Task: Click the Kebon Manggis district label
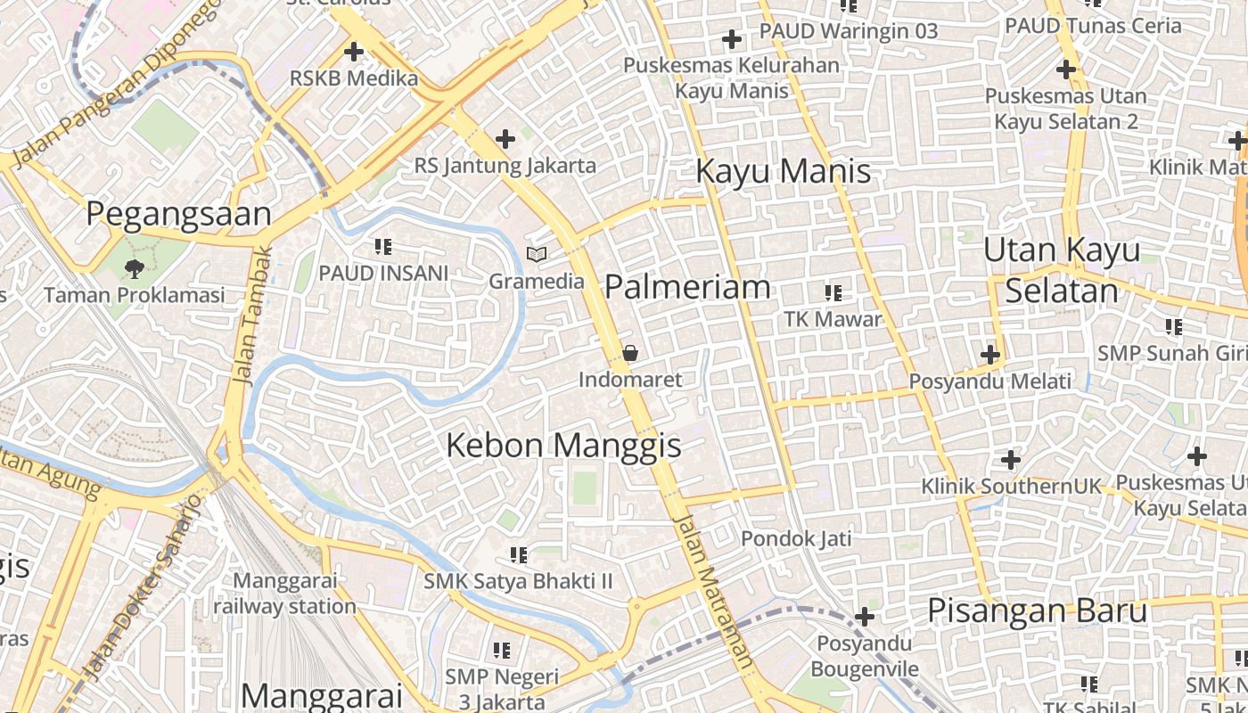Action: pyautogui.click(x=563, y=445)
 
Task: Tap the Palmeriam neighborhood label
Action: pyautogui.click(x=687, y=287)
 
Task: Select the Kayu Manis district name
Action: pyautogui.click(x=783, y=170)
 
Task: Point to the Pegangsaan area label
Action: pyautogui.click(x=178, y=215)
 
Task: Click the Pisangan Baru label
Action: pyautogui.click(x=1037, y=611)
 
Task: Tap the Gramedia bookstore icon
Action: pyautogui.click(x=536, y=255)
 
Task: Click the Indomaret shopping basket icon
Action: pyautogui.click(x=630, y=353)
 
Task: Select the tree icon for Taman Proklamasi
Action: pyautogui.click(x=135, y=267)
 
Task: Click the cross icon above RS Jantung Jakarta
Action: pyautogui.click(x=505, y=139)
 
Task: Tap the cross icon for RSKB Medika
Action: pyautogui.click(x=354, y=52)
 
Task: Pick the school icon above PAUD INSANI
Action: pyautogui.click(x=383, y=247)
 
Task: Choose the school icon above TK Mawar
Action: pyautogui.click(x=833, y=292)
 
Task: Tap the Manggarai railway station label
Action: pyautogui.click(x=284, y=594)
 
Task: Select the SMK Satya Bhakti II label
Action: pyautogui.click(x=518, y=582)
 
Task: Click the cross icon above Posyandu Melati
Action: pyautogui.click(x=989, y=355)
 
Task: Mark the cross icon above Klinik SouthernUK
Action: pyautogui.click(x=1010, y=460)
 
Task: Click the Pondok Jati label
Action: pyautogui.click(x=796, y=538)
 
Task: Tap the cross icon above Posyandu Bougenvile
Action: pyautogui.click(x=864, y=617)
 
